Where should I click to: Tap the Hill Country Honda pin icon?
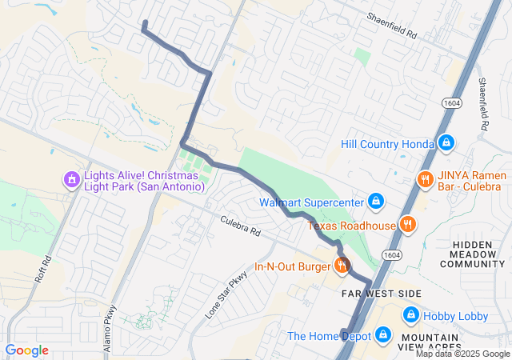[446, 143]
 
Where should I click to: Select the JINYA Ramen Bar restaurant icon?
[425, 179]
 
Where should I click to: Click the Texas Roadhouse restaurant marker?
[408, 225]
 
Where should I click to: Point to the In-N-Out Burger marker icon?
[342, 266]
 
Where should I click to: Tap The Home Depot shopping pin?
[382, 334]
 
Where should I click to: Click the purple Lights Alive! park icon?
[72, 179]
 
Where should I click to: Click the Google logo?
[27, 350]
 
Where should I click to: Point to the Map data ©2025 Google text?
[462, 354]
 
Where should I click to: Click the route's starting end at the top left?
[144, 22]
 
